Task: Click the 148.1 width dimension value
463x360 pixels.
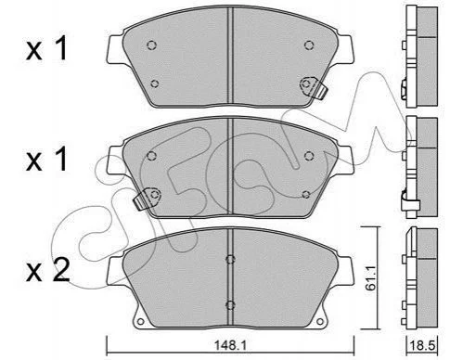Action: tap(230, 345)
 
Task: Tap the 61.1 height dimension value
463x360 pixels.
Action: tap(370, 277)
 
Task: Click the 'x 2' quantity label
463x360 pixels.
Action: tap(47, 271)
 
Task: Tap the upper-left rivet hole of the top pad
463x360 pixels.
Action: tap(151, 45)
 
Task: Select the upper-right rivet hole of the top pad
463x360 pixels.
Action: tap(309, 45)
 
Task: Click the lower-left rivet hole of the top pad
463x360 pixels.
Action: tap(155, 84)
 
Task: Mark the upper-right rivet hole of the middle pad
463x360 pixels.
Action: tap(309, 156)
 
